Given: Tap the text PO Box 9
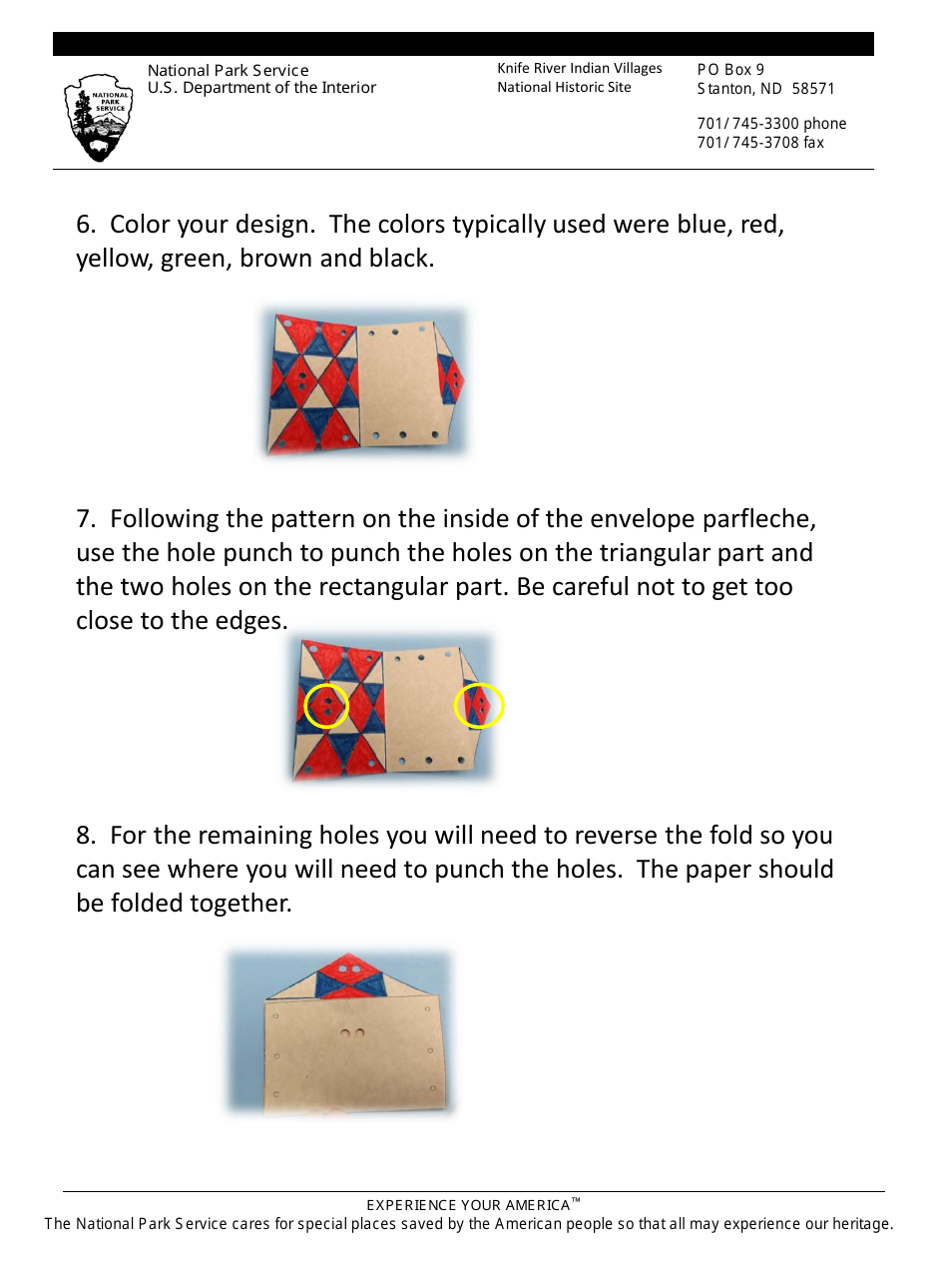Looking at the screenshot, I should point(730,70).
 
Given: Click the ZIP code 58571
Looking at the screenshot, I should point(813,89).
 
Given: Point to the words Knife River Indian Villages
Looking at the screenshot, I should point(579,69).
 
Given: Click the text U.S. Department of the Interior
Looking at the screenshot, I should point(261,88).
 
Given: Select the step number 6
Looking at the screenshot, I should point(84,225).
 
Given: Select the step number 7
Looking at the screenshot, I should point(84,520).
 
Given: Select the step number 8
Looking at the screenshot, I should point(84,836).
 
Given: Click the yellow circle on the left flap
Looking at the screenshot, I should point(326,706).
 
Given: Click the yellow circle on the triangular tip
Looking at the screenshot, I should point(479,706).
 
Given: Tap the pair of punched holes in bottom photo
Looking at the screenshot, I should point(352,1033).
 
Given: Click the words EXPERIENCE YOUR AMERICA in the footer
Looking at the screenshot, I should point(467,1205).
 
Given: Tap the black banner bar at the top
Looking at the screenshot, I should point(463,44).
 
